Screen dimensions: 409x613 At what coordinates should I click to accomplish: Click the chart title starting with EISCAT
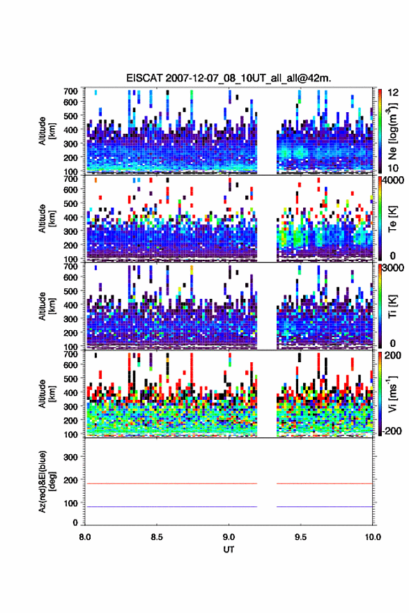(229, 78)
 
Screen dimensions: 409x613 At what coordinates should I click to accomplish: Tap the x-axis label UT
(229, 550)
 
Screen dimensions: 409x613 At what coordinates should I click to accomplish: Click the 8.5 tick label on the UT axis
(157, 537)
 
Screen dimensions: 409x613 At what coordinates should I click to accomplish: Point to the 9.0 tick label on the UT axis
(229, 537)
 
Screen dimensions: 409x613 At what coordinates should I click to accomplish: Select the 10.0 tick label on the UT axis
(373, 537)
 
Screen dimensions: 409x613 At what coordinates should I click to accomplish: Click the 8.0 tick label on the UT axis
(85, 537)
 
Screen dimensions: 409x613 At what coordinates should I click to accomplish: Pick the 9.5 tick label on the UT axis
(301, 537)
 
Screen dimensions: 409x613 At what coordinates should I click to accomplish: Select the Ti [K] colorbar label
(392, 307)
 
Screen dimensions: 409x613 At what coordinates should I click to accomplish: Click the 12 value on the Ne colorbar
(394, 93)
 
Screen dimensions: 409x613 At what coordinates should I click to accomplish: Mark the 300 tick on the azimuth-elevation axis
(70, 457)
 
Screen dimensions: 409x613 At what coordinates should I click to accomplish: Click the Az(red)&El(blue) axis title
(46, 481)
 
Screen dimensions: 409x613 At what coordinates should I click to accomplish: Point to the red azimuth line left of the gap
(171, 483)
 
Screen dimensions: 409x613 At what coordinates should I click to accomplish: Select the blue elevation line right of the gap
(325, 506)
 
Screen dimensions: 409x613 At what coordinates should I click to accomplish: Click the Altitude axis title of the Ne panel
(46, 131)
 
